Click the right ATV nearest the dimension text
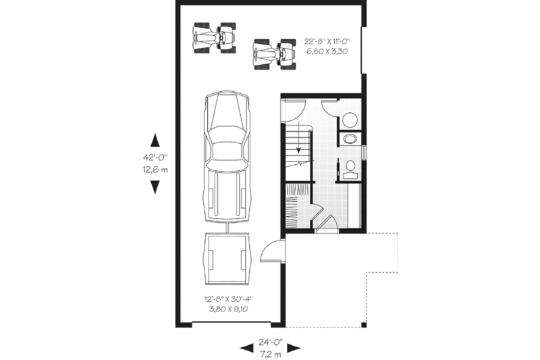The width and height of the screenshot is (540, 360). pyautogui.click(x=275, y=53)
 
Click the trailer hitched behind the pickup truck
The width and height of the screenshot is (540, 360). pyautogui.click(x=226, y=259)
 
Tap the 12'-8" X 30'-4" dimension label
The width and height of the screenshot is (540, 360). pyautogui.click(x=225, y=299)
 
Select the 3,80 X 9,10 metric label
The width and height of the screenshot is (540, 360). pyautogui.click(x=225, y=311)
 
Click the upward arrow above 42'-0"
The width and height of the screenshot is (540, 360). pyautogui.click(x=155, y=140)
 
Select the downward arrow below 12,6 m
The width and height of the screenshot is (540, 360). pyautogui.click(x=155, y=186)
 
